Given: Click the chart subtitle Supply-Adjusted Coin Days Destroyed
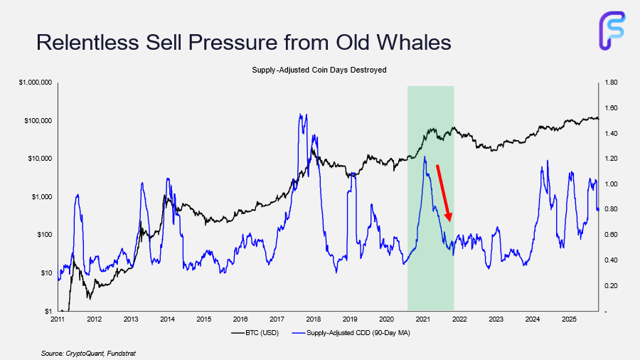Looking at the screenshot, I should click(x=319, y=70).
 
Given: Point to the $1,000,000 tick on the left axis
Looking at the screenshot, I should click(x=34, y=83).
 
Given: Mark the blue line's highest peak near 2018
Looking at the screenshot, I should click(x=300, y=114).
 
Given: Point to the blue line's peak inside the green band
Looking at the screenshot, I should click(x=425, y=157).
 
